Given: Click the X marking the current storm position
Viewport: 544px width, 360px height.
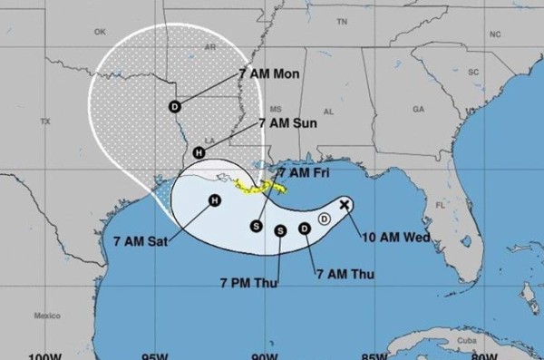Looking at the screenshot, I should pyautogui.click(x=345, y=205).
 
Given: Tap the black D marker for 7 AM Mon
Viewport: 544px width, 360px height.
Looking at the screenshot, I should pyautogui.click(x=174, y=106).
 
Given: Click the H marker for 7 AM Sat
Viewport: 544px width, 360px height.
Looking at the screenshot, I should pyautogui.click(x=215, y=200).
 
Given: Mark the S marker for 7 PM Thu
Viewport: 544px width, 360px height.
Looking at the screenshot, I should pyautogui.click(x=280, y=230).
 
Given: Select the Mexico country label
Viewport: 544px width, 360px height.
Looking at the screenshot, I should pyautogui.click(x=46, y=316).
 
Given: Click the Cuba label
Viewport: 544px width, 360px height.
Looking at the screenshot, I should pyautogui.click(x=467, y=339).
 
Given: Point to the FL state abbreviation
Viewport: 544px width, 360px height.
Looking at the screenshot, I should pyautogui.click(x=441, y=205).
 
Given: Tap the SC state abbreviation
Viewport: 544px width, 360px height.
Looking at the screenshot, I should pyautogui.click(x=472, y=71).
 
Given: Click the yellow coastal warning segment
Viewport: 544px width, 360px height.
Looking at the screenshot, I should pyautogui.click(x=259, y=187).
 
